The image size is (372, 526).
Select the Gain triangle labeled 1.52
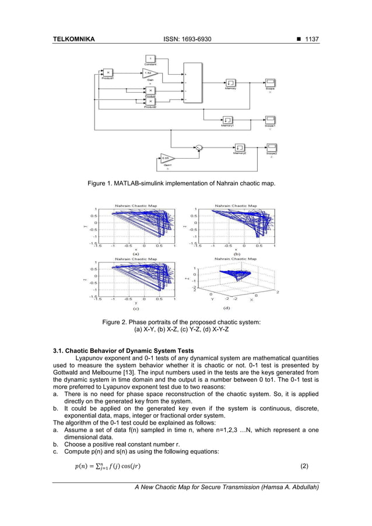click(x=150, y=74)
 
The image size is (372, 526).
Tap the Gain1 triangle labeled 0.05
click(x=167, y=159)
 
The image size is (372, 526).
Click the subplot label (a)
click(x=135, y=254)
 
